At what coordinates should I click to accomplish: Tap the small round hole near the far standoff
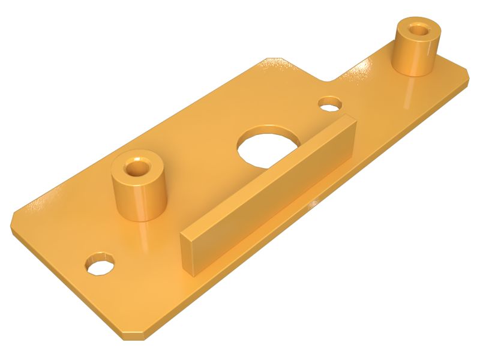coord(330,104)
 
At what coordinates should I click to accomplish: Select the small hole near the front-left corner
coord(100,264)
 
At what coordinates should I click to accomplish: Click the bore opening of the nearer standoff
coord(138,166)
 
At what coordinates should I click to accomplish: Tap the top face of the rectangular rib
coord(270,174)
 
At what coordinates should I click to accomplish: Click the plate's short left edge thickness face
coord(60,276)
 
